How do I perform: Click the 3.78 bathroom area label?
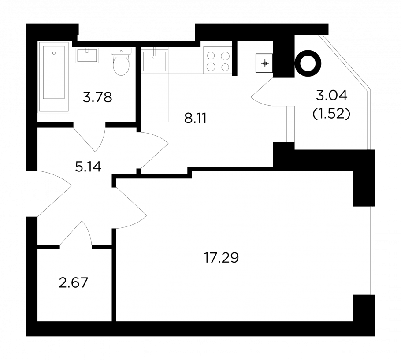[x=97, y=97]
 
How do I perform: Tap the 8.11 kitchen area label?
[x=195, y=119]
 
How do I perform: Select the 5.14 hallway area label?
[x=88, y=167]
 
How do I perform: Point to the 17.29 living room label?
[x=222, y=258]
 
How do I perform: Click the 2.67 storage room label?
[x=74, y=283]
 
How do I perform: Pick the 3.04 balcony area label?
[x=332, y=96]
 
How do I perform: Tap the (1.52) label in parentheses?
[x=331, y=114]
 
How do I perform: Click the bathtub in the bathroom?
[x=54, y=77]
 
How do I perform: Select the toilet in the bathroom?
[x=121, y=61]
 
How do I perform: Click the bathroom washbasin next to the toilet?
[x=87, y=55]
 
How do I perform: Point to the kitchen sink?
[x=155, y=60]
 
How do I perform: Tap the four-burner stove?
[x=218, y=60]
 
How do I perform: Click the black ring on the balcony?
[x=308, y=63]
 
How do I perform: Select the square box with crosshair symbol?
[x=265, y=63]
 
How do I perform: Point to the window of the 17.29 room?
[x=364, y=251]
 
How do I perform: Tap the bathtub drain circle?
[x=54, y=53]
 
